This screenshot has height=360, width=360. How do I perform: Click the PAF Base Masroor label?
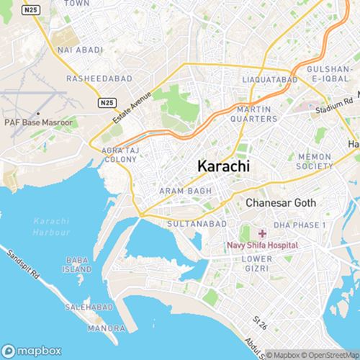[x=38, y=123]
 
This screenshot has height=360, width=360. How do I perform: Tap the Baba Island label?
[x=78, y=264]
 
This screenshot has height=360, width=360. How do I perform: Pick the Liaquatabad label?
[x=271, y=78]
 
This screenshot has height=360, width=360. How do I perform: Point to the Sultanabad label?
[x=193, y=224]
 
